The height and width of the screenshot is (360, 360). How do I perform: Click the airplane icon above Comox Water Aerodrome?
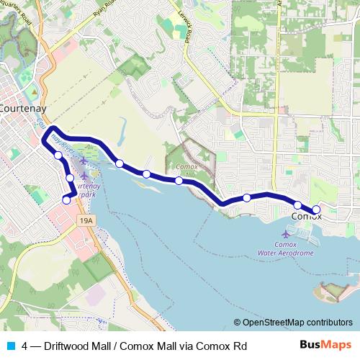[287, 234]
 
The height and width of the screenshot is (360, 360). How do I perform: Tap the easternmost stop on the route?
[316, 210]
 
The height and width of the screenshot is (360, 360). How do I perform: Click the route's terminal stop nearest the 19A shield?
[66, 200]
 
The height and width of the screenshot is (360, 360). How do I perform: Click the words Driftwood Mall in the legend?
[73, 346]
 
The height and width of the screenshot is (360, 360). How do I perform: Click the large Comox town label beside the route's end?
[306, 216]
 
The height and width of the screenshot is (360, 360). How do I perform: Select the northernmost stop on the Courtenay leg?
[58, 153]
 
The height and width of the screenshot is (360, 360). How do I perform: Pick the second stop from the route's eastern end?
[297, 205]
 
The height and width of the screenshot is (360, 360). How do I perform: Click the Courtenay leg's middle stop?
[70, 178]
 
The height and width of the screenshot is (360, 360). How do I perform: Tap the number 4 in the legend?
[26, 346]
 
